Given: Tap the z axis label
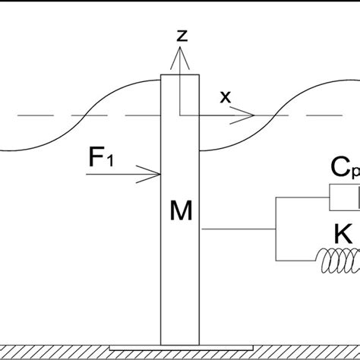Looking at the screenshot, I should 181,35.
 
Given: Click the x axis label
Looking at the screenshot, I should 224,97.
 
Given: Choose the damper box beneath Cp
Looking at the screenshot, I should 343,200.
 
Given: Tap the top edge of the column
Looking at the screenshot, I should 180,75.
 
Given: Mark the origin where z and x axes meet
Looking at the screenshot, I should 180,115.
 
